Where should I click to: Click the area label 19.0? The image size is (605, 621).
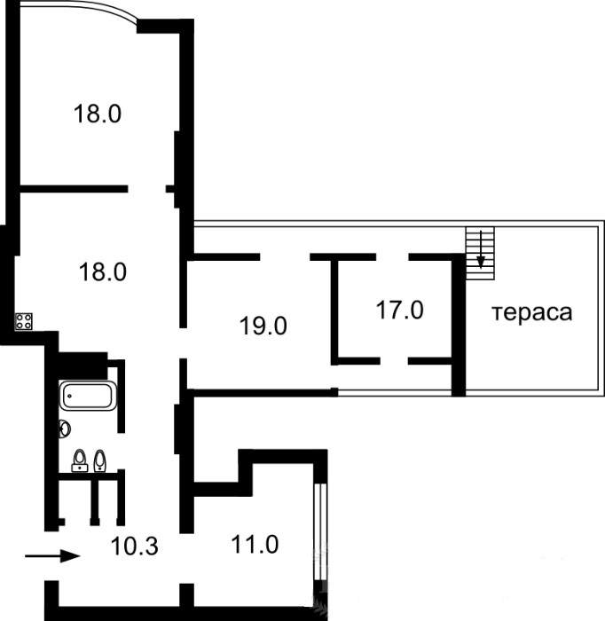coord(263,326)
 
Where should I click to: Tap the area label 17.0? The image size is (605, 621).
coord(399,310)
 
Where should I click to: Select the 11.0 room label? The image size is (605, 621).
coord(255,544)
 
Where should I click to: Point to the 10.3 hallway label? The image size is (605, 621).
coord(134,546)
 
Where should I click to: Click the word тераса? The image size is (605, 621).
coord(532,312)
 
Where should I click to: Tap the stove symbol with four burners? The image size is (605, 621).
coord(24,321)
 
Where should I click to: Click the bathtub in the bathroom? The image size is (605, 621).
coord(88,396)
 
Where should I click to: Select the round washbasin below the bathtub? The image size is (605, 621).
coord(64,428)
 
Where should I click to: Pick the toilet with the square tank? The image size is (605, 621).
coord(80,460)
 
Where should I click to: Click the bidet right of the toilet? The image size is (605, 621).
coord(99,460)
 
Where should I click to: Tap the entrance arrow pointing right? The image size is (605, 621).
coord(52,556)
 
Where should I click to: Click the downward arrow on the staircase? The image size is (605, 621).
coord(481,249)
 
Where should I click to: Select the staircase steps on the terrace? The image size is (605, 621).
coord(480,253)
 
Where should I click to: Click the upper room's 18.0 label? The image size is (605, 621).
coord(97,114)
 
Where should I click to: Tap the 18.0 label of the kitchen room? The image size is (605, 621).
coord(103,272)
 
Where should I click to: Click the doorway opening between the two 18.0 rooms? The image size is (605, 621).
coord(146,189)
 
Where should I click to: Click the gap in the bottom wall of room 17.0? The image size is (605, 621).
coord(395,361)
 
